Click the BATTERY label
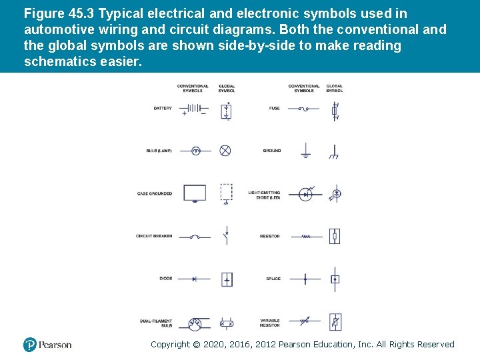[x=163, y=108]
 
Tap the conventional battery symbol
[x=193, y=109]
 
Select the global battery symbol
[x=227, y=110]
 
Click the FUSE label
[x=274, y=108]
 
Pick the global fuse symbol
[x=335, y=111]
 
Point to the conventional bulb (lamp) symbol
[x=196, y=151]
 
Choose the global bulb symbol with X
[x=225, y=151]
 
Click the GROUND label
[x=272, y=151]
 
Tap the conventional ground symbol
[x=305, y=151]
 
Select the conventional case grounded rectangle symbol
[x=195, y=193]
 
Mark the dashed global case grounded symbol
[x=227, y=193]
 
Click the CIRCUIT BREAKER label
[x=154, y=236]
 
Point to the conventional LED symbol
[x=305, y=194]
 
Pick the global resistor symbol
[x=335, y=236]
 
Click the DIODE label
[x=165, y=279]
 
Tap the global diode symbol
[x=227, y=279]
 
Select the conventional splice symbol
[x=305, y=279]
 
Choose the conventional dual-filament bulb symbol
[x=195, y=323]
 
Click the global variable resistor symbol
[x=335, y=323]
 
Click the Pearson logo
[x=47, y=345]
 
